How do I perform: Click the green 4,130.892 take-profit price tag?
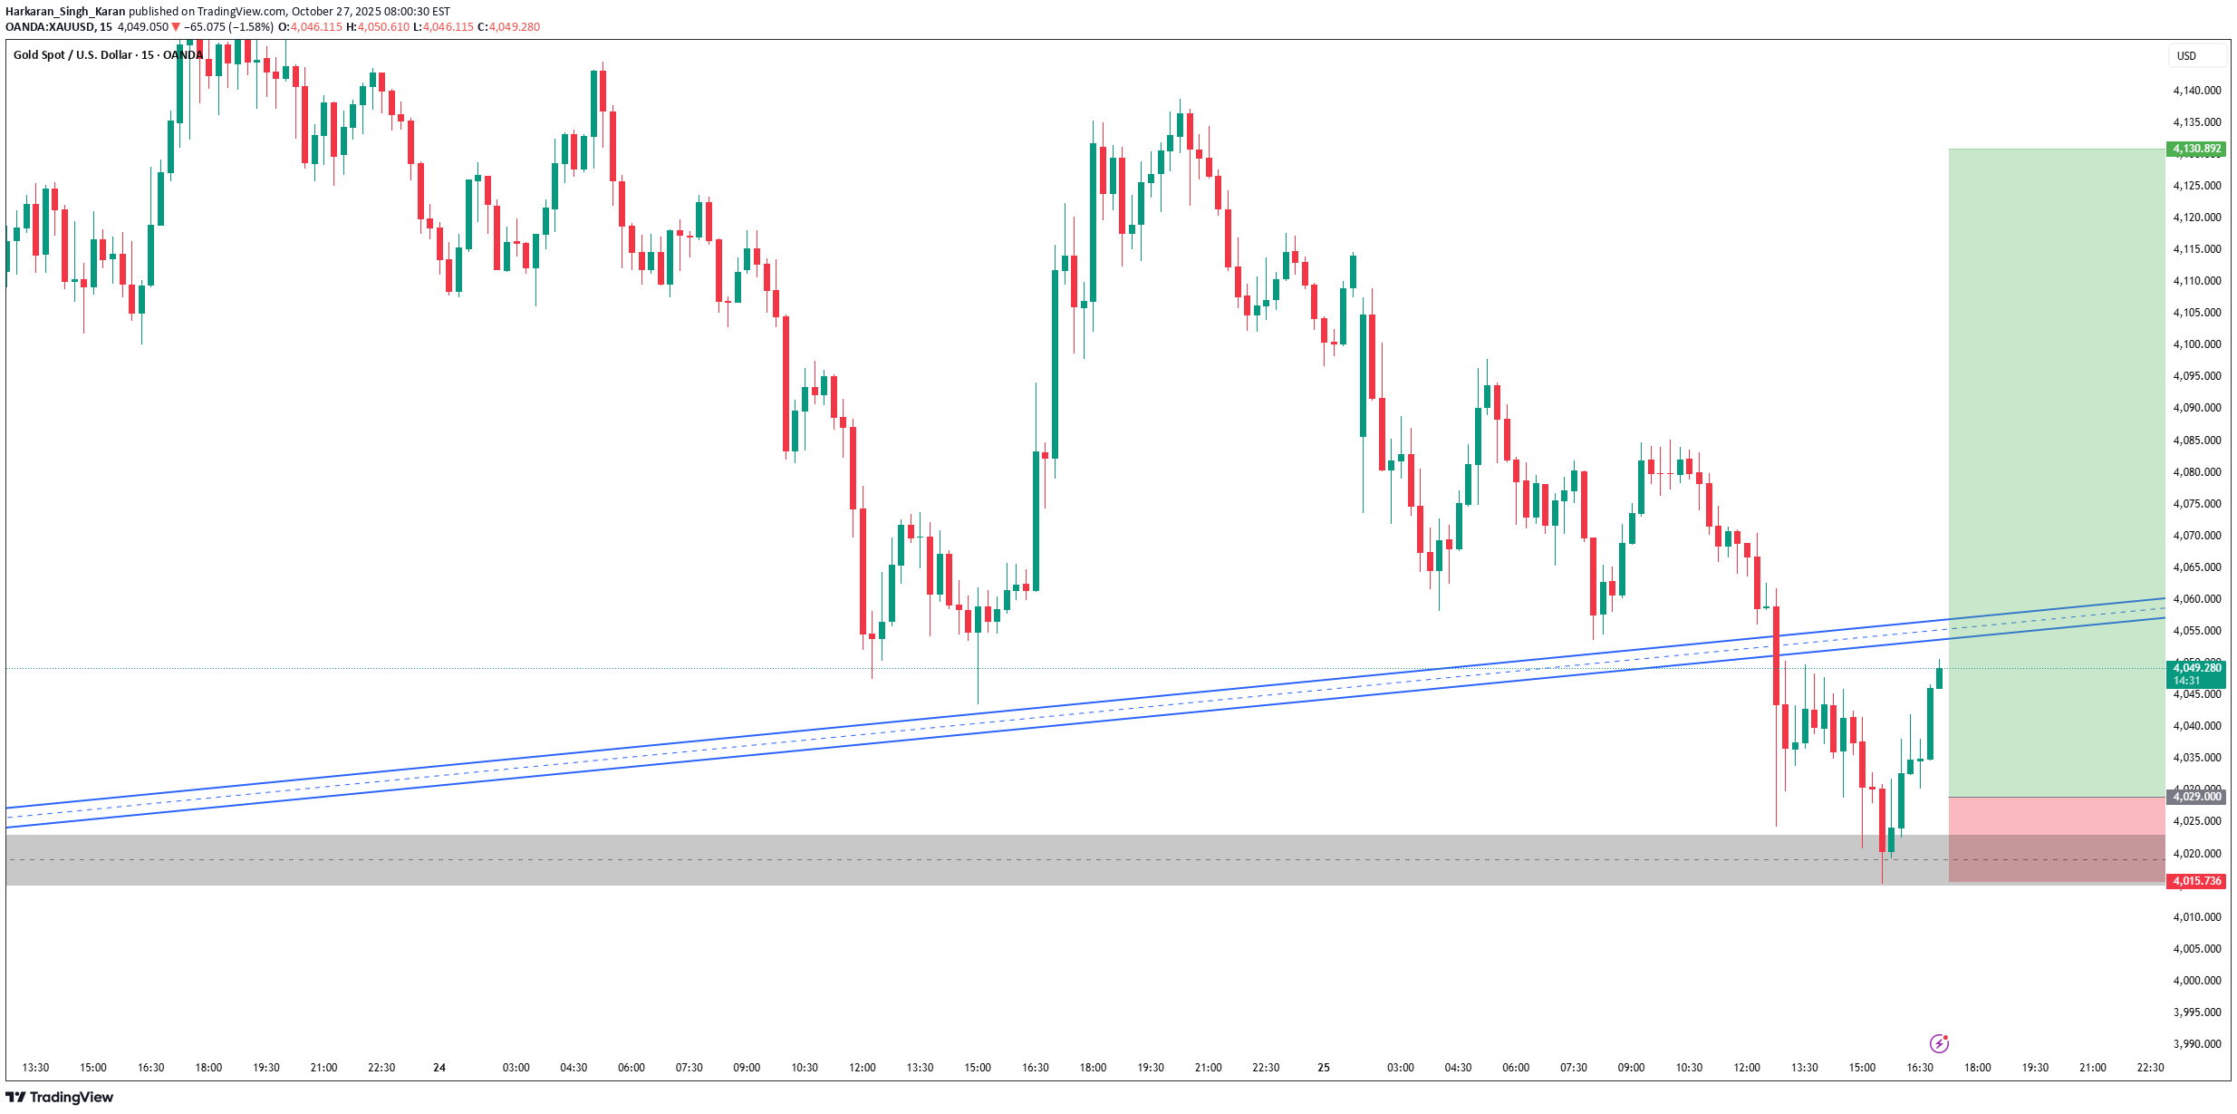tap(2196, 149)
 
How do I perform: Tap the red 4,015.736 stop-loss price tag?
tap(2196, 881)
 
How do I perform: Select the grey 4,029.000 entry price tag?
tap(2196, 797)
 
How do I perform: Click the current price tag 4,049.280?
tap(2196, 669)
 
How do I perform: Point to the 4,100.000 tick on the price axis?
tap(2196, 344)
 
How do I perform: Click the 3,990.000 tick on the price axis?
tap(2196, 1044)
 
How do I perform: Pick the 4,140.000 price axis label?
tap(2196, 91)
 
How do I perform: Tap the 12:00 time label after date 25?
tap(1746, 1068)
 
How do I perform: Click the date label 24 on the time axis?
tap(439, 1068)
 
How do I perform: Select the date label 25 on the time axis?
tap(1324, 1068)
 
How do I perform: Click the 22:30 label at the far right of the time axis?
tap(2150, 1068)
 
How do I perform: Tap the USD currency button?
tap(2187, 56)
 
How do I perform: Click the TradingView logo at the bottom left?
tap(60, 1098)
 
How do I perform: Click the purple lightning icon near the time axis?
tap(1939, 1043)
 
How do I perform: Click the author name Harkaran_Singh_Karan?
tap(65, 12)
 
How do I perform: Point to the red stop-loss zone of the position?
tap(2057, 838)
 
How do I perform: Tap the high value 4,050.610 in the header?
tap(383, 27)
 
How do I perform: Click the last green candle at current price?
tap(1939, 678)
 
